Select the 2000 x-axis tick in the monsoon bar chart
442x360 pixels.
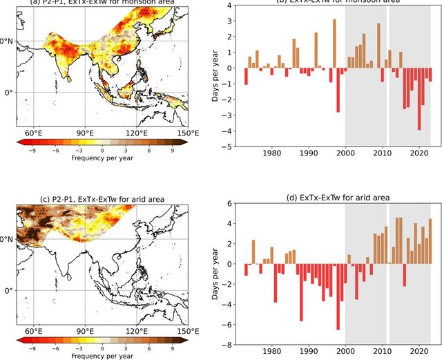tap(345, 153)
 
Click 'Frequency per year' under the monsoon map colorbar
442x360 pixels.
tap(102, 158)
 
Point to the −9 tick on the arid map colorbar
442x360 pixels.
tap(31, 348)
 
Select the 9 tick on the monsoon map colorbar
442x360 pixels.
tap(172, 150)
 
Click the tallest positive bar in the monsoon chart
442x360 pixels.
tap(334, 44)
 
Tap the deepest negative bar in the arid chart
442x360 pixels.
tap(338, 296)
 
